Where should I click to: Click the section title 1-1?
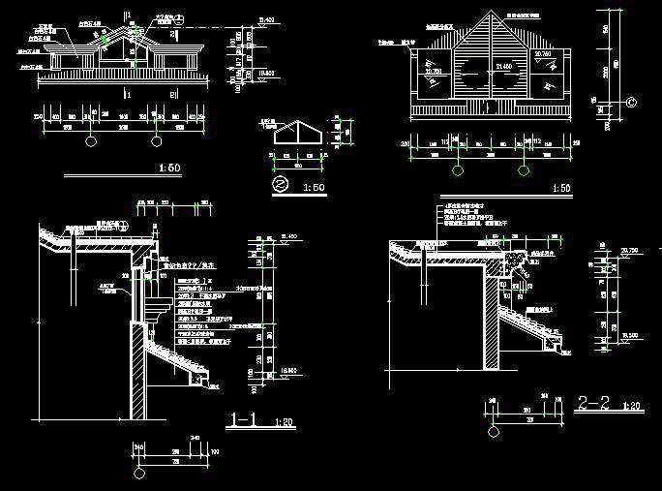tap(245, 420)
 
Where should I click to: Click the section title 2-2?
tap(593, 402)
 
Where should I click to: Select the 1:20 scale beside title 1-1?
tap(285, 423)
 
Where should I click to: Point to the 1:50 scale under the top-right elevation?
tap(559, 188)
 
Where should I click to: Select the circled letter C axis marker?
tap(631, 101)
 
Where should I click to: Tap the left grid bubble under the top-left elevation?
tap(91, 141)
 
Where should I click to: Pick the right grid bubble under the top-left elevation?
tap(156, 141)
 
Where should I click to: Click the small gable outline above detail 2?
tap(298, 136)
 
